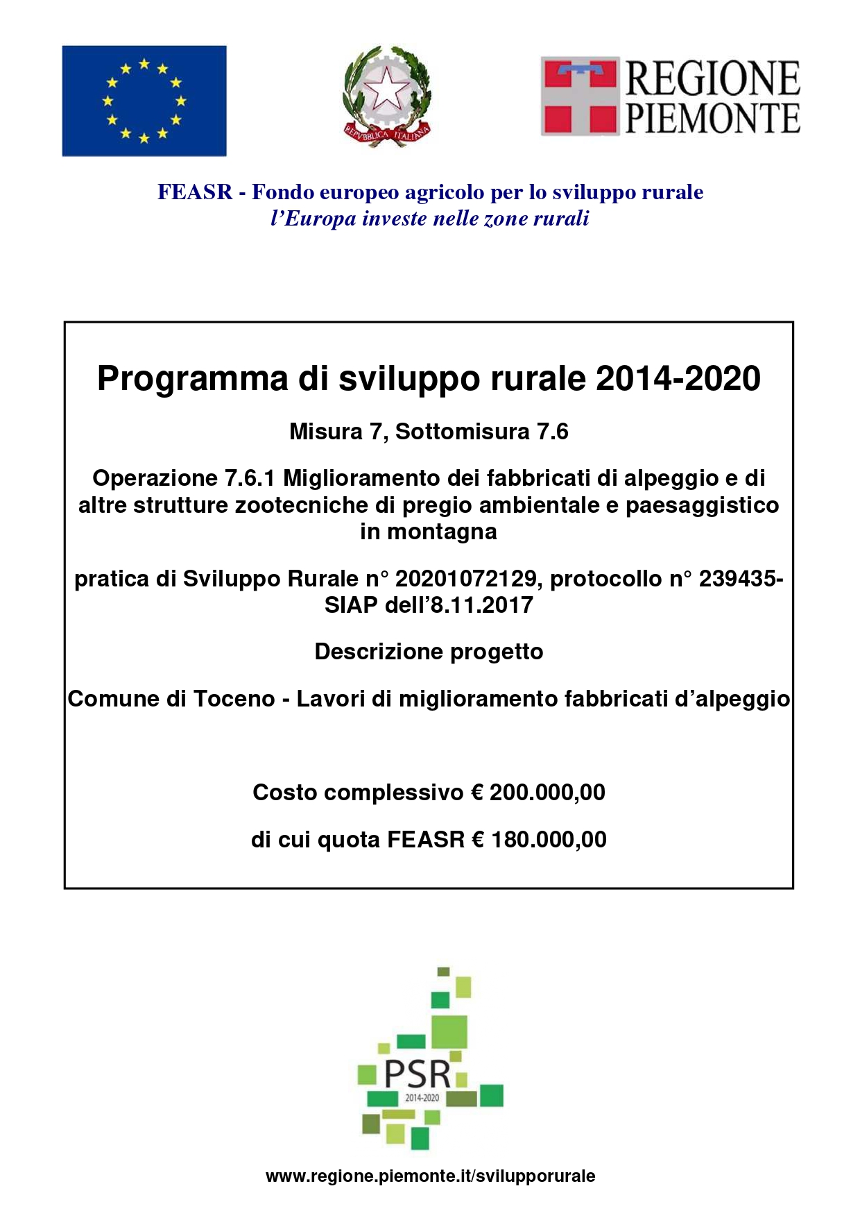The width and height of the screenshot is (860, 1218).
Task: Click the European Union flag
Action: tap(144, 101)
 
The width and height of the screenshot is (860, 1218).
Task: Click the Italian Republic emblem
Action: tap(387, 96)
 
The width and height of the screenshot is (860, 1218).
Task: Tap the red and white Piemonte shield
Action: tap(579, 96)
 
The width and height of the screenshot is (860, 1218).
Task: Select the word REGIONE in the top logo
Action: tap(713, 78)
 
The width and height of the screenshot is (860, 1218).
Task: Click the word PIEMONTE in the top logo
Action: tap(713, 117)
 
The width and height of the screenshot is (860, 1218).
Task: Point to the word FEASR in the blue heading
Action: tap(195, 192)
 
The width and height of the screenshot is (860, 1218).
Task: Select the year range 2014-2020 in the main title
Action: tap(678, 379)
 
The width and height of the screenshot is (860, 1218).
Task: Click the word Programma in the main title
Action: tap(192, 379)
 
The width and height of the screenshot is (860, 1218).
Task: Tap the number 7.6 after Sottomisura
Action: tap(553, 432)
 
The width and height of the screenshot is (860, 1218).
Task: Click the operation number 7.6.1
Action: tap(250, 478)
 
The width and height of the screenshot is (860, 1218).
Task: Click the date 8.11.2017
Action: tap(481, 605)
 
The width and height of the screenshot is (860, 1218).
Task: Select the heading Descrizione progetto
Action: tap(429, 652)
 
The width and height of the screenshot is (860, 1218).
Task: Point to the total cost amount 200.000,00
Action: tap(547, 793)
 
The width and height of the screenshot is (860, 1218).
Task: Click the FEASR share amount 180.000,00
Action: tap(549, 840)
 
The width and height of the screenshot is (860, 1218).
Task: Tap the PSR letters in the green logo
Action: tap(417, 1074)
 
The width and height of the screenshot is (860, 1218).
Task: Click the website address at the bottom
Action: tap(430, 1176)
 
